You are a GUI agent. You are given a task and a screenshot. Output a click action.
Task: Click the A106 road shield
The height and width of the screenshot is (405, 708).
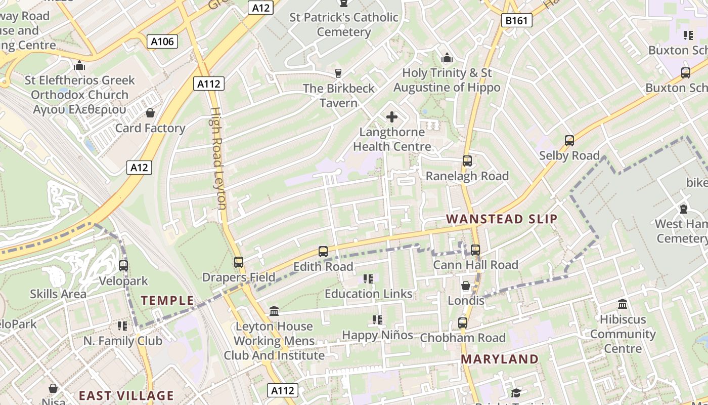pyautogui.click(x=163, y=42)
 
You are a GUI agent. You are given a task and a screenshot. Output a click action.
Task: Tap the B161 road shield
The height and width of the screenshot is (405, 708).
pyautogui.click(x=517, y=21)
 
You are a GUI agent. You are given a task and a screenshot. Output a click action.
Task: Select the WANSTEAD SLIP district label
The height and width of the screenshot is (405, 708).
pyautogui.click(x=502, y=219)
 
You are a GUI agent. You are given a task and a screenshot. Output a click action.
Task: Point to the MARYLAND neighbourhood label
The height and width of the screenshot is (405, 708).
pyautogui.click(x=500, y=359)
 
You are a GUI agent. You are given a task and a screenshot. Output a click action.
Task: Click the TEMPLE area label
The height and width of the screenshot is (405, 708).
pyautogui.click(x=167, y=300)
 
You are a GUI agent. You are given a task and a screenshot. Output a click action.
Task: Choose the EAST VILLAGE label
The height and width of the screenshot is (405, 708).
pyautogui.click(x=126, y=395)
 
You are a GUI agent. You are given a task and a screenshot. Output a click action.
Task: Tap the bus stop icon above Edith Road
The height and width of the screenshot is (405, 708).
pyautogui.click(x=323, y=251)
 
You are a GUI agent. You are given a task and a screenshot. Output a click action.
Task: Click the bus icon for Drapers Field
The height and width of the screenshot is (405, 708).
pyautogui.click(x=239, y=262)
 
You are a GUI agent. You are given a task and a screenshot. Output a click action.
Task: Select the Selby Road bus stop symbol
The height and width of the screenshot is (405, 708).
pyautogui.click(x=569, y=141)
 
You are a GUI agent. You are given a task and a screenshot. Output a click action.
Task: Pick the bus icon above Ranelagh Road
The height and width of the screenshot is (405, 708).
pyautogui.click(x=467, y=161)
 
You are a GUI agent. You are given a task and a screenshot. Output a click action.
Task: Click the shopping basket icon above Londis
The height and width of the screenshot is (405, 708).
pyautogui.click(x=466, y=286)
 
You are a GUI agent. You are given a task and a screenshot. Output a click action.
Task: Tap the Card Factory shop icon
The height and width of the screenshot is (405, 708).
pyautogui.click(x=150, y=113)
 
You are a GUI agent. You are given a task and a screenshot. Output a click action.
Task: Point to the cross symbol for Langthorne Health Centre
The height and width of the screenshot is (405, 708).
pyautogui.click(x=392, y=117)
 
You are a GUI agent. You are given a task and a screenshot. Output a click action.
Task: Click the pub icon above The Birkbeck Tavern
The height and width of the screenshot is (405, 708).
pyautogui.click(x=338, y=73)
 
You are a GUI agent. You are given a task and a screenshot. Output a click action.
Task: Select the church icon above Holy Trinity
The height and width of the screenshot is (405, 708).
pyautogui.click(x=447, y=58)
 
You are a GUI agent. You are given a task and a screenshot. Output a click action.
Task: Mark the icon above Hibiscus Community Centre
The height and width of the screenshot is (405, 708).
pyautogui.click(x=623, y=305)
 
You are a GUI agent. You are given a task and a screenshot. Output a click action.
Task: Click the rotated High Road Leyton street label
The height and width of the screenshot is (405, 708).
pyautogui.click(x=218, y=158)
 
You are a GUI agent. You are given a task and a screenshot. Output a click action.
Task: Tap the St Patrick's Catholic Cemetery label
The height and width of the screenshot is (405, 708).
pyautogui.click(x=344, y=24)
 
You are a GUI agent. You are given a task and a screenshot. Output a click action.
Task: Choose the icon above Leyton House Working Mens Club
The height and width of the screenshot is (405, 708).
pyautogui.click(x=274, y=311)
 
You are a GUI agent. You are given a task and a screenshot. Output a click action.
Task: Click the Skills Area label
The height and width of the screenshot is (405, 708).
pyautogui.click(x=58, y=294)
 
